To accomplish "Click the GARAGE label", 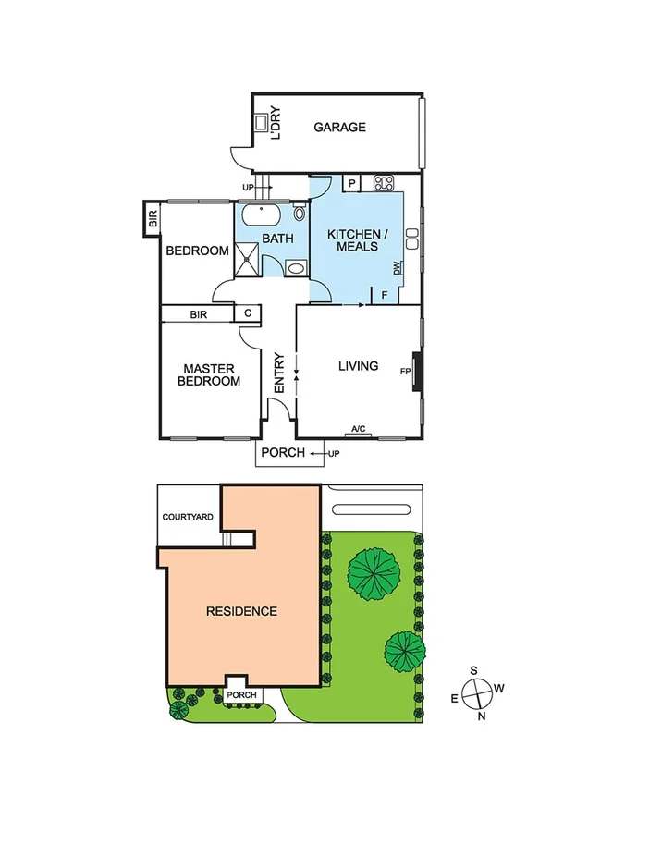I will [338, 128].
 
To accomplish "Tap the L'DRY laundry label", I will [275, 125].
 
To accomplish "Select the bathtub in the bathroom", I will [265, 216].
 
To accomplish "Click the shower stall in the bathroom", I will [247, 259].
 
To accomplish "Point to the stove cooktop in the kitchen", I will [384, 183].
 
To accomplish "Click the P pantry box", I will [351, 183].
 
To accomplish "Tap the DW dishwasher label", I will [397, 268].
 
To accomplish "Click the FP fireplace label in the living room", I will [405, 372].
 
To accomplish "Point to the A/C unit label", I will [359, 430].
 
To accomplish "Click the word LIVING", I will [358, 366].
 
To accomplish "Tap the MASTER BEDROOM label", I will [209, 374].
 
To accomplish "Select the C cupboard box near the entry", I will [247, 314].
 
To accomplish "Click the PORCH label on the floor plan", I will [282, 453].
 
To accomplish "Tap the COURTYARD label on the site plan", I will [188, 518].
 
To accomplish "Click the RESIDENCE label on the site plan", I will [241, 611].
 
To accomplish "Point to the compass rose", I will [478, 692].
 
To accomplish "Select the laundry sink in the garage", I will [262, 123].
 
